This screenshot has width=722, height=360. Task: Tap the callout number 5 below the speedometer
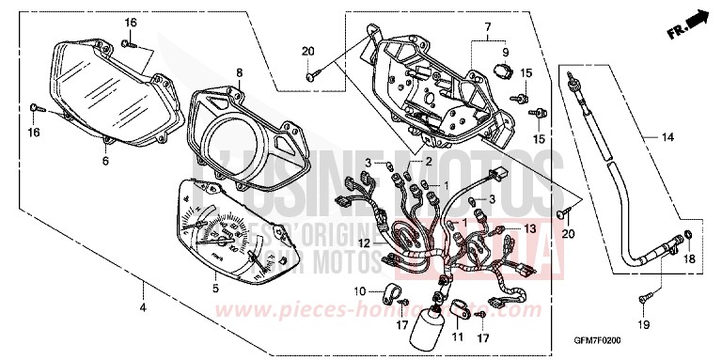pyautogui.click(x=214, y=288)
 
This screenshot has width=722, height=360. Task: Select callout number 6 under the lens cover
pyautogui.click(x=105, y=162)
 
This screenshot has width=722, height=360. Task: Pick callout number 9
pyautogui.click(x=504, y=53)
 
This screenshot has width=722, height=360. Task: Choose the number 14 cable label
pyautogui.click(x=667, y=138)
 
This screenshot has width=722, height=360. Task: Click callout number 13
pyautogui.click(x=529, y=228)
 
